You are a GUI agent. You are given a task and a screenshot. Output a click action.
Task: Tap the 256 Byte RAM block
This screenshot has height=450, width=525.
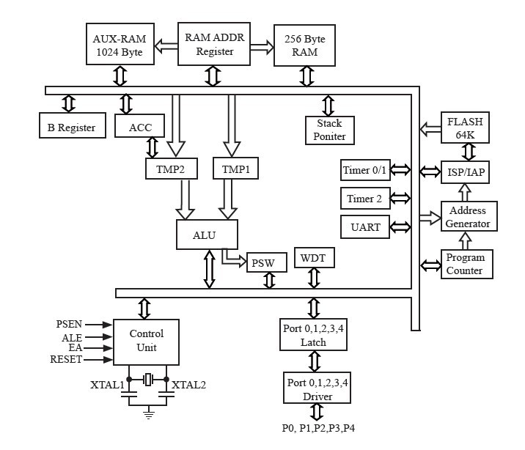[304, 45]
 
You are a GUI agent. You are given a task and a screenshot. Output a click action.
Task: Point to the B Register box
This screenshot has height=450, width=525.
[71, 128]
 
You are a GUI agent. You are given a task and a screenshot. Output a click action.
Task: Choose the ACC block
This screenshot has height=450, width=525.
[140, 128]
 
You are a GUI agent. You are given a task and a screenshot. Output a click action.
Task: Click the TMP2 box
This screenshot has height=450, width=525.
[170, 169]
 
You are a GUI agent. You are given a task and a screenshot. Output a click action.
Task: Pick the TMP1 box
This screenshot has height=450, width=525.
[235, 169]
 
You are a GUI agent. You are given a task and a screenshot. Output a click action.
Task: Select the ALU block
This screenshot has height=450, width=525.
[207, 235]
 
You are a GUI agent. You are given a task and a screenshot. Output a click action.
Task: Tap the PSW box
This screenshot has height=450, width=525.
[266, 262]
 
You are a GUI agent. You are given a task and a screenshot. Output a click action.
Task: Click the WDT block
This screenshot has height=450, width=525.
[314, 257]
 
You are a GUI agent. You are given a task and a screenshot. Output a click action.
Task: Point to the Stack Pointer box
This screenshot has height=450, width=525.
[329, 130]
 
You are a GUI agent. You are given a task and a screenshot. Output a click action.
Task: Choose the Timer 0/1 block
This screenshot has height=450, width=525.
[365, 171]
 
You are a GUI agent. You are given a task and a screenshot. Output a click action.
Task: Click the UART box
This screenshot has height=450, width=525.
[365, 226]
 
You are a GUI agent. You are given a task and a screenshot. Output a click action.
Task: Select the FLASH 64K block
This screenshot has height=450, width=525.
[465, 128]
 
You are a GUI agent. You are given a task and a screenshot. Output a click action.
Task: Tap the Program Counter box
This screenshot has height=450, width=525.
[466, 264]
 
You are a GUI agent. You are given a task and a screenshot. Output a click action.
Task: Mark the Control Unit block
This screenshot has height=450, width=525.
[146, 342]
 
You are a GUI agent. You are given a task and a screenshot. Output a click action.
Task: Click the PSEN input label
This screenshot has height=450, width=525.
[69, 324]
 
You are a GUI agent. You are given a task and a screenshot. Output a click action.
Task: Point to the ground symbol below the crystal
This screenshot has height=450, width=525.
[149, 415]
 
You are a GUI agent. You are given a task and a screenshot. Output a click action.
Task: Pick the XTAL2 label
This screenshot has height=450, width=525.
[189, 385]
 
